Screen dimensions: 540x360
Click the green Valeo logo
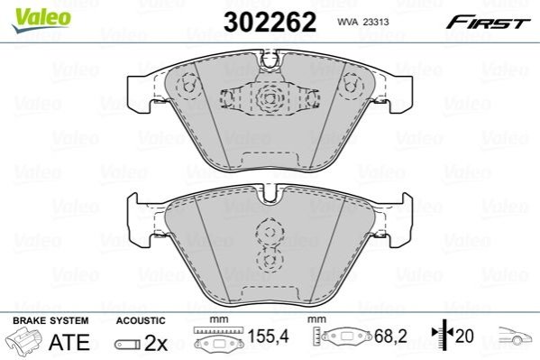[41, 20]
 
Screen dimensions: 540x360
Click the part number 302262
[270, 22]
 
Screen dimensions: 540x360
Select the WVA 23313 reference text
[363, 22]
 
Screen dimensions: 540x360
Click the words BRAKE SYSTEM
[50, 320]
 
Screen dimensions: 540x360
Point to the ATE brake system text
[69, 342]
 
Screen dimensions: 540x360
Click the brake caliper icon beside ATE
[23, 341]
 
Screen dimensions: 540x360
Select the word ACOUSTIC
[141, 320]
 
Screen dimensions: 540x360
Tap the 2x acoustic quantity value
[156, 343]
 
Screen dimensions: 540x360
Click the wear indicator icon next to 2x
[127, 344]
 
